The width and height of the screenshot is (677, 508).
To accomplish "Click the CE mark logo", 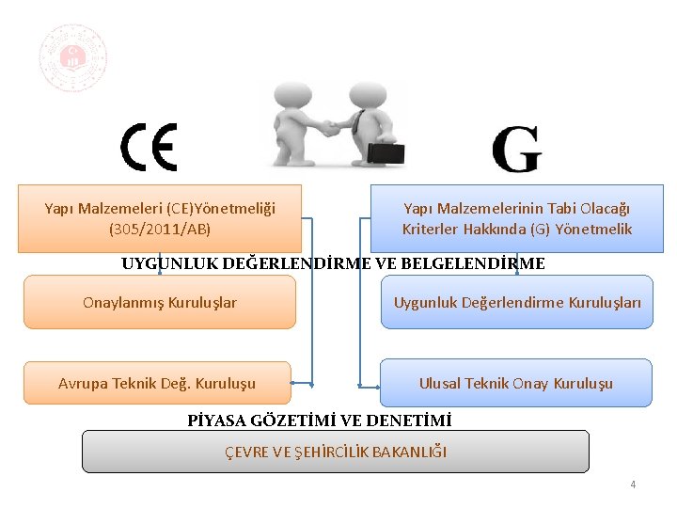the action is (x=149, y=148).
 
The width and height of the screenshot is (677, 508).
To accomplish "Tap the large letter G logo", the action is (x=515, y=151).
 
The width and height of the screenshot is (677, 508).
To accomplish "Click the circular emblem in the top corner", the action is (x=72, y=58).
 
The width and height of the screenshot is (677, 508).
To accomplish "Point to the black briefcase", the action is (x=386, y=153).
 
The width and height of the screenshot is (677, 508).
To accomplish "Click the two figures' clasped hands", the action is (x=328, y=127).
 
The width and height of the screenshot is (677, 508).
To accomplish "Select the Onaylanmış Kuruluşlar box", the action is (x=160, y=302).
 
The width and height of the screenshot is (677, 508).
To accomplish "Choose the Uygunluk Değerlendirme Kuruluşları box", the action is (x=517, y=302).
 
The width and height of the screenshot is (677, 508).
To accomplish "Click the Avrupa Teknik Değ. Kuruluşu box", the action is (x=157, y=383).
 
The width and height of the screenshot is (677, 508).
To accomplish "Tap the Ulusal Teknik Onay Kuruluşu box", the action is (x=516, y=383).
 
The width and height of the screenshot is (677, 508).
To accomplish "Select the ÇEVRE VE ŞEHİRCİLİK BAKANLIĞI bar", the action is (x=336, y=452).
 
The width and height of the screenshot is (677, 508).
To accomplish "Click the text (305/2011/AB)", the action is (x=160, y=229).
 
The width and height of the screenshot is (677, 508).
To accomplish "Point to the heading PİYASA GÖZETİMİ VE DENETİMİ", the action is (x=320, y=420).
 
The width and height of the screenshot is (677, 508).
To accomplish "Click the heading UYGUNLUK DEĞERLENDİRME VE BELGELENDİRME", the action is (x=333, y=263).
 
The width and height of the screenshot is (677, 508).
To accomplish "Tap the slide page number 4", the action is (x=633, y=484).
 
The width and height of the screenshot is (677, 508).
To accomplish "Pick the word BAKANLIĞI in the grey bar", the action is (x=409, y=452).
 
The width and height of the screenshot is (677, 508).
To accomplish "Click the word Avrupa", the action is (x=82, y=383).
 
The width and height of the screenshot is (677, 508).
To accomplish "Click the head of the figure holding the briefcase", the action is (x=362, y=95).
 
